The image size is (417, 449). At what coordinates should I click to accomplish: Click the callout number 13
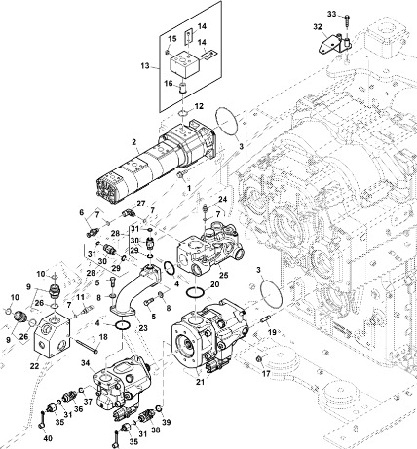point(145,66)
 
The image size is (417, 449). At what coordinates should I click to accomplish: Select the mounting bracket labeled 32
point(333,45)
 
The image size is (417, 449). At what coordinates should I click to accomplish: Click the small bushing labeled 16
point(183,89)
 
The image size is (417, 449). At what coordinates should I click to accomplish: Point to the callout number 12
point(199,106)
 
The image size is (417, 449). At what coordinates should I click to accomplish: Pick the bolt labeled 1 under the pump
point(180,175)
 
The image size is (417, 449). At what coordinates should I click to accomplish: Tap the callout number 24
point(222,199)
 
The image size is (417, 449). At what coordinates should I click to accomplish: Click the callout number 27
point(141,204)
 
